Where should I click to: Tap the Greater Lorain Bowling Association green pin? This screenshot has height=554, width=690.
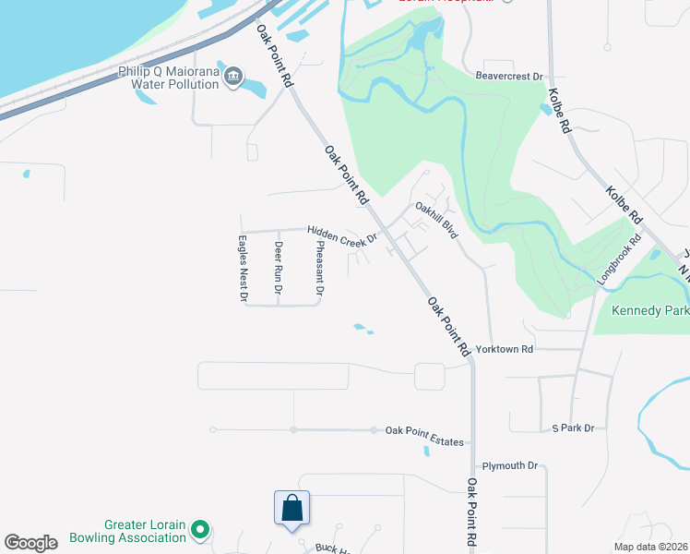tap(200, 531)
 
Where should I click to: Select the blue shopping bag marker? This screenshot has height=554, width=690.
tap(291, 509)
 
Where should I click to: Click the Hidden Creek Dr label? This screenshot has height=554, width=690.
tap(342, 236)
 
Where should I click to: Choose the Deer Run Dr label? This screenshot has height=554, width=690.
tap(279, 269)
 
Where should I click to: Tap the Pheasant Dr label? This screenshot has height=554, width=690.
tap(319, 268)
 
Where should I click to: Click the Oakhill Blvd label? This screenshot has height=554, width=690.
tap(436, 221)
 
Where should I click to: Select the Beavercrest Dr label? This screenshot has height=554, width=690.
tap(508, 77)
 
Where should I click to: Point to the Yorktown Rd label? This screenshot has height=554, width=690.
tap(509, 350)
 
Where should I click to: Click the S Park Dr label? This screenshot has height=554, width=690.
tap(573, 428)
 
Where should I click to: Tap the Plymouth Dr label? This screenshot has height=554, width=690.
tap(509, 465)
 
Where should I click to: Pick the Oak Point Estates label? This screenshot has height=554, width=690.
tap(424, 436)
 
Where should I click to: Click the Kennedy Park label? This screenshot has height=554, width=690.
tap(649, 311)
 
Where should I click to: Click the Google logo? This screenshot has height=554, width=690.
tap(30, 543)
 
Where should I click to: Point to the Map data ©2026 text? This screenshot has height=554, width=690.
tap(650, 547)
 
